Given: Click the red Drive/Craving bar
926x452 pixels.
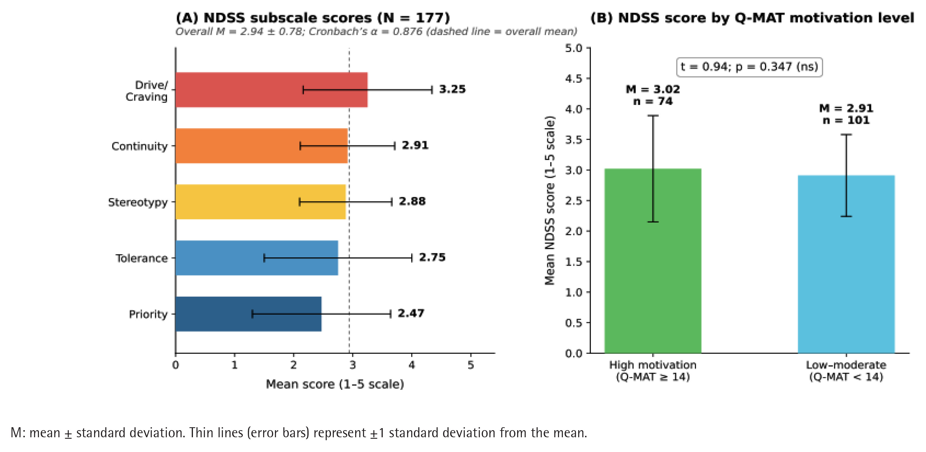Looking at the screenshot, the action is (272, 90).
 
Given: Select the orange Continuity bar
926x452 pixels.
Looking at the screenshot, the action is (262, 146).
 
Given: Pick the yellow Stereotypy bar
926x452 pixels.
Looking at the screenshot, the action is (260, 202).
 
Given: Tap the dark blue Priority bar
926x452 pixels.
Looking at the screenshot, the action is (249, 314).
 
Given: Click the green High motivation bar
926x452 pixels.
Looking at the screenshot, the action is (653, 261).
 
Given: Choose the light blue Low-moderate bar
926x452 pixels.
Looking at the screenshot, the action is (846, 264).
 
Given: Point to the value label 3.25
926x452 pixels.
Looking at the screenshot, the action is (452, 89).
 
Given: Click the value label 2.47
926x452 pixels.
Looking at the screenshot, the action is (411, 313).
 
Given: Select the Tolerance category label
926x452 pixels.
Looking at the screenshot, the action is (142, 258).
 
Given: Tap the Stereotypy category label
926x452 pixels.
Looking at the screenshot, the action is (138, 203).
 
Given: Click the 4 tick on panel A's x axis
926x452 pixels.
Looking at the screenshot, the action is (412, 365).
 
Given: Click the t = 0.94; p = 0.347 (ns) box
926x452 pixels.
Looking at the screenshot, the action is (750, 67).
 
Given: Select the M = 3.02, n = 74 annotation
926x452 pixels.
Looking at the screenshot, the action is (653, 95).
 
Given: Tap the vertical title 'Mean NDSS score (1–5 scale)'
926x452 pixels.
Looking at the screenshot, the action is (550, 200).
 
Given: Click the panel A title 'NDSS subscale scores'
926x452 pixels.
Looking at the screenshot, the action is (288, 18).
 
